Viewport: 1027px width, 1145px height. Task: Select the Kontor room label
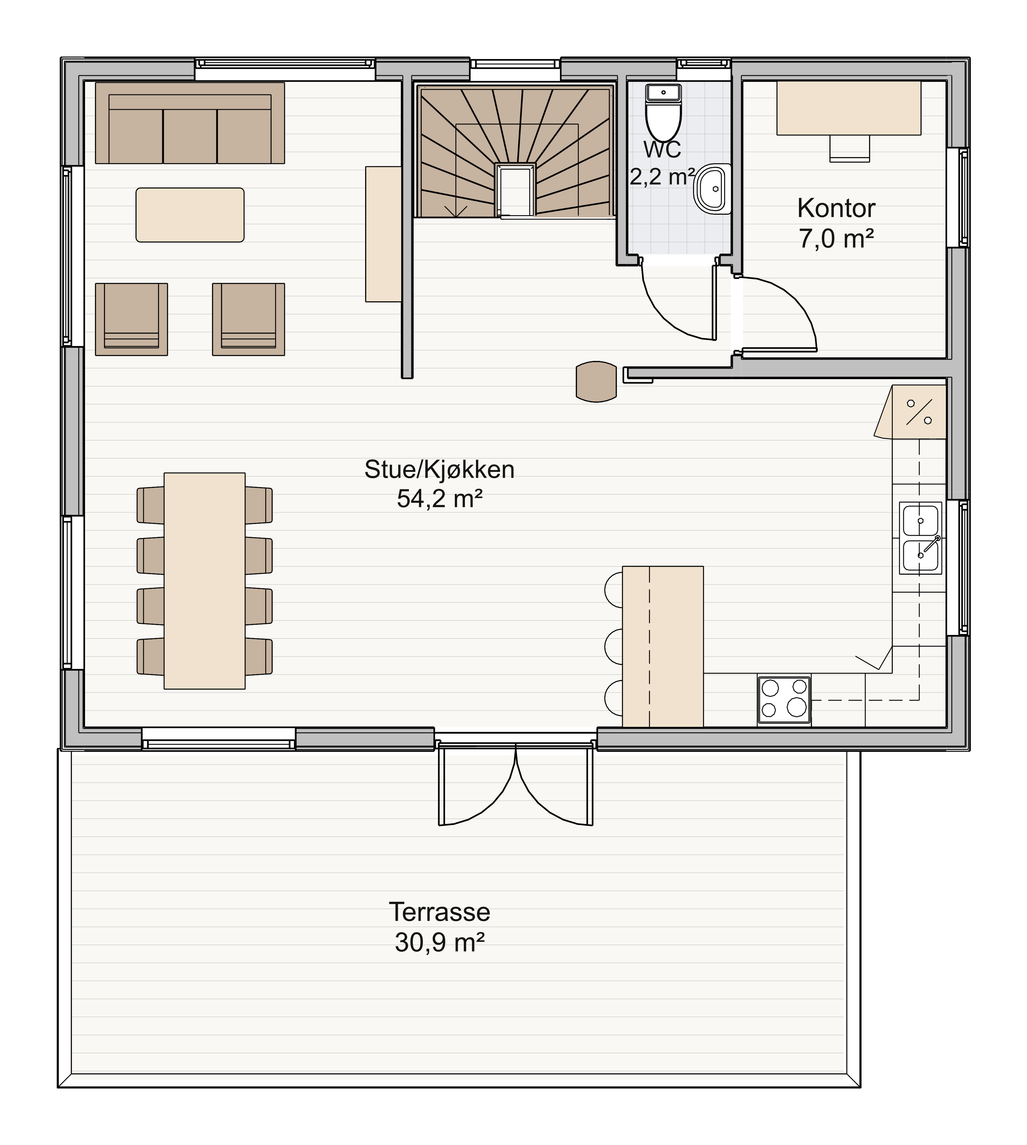[836, 208]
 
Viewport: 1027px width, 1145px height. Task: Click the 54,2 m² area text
[440, 499]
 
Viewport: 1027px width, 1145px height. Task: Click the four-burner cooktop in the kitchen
[784, 700]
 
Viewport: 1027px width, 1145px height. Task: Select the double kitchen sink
[920, 538]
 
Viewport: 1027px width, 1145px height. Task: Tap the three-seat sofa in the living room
[190, 123]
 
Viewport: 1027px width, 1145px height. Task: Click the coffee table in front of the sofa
[190, 215]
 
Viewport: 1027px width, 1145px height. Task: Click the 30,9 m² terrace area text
[440, 942]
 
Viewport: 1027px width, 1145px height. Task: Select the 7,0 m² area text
[836, 239]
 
